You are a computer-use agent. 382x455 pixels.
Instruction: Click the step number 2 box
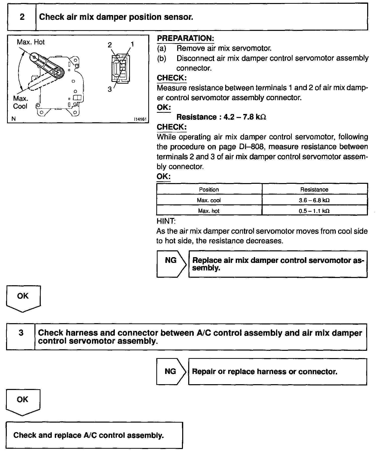click(22, 17)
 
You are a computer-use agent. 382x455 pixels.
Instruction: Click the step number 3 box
click(21, 333)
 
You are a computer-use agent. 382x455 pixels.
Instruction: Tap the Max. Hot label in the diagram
click(31, 42)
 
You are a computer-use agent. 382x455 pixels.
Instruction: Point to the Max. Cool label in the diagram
click(20, 102)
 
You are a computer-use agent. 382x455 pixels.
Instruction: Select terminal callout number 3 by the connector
click(110, 89)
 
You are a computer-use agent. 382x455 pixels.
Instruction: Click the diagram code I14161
click(140, 119)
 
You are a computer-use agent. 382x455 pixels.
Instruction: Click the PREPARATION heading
click(185, 38)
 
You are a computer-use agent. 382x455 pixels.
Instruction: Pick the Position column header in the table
click(209, 190)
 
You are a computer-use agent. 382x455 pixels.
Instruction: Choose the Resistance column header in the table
click(314, 190)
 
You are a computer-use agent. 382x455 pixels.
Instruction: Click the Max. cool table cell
click(209, 200)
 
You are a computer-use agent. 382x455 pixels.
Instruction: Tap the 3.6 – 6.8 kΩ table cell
click(314, 200)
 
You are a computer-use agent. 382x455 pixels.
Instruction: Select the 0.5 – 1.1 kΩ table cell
click(314, 211)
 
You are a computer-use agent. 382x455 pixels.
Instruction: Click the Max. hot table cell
click(209, 211)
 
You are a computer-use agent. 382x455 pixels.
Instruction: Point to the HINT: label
click(166, 221)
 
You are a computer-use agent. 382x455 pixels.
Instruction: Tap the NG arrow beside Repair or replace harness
click(171, 371)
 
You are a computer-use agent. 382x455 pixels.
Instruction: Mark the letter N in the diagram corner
click(14, 119)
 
